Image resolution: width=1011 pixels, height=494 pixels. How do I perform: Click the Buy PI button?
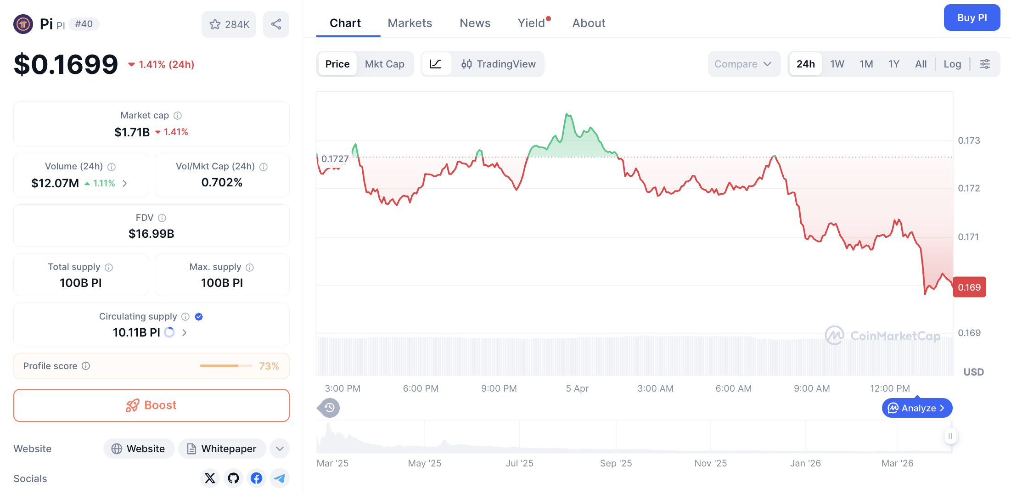(972, 18)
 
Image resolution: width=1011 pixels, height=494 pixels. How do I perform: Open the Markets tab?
(410, 23)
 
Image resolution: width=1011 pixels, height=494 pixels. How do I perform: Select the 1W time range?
(837, 64)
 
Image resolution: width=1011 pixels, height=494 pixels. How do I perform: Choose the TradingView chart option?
(499, 64)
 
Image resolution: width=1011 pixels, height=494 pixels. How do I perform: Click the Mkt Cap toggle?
(384, 64)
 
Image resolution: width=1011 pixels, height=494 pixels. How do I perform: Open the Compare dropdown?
(743, 64)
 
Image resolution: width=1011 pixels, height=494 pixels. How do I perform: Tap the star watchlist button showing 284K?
(229, 24)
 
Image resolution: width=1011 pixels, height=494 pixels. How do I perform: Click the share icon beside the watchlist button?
(276, 24)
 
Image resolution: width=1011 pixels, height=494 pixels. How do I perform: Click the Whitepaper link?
(222, 449)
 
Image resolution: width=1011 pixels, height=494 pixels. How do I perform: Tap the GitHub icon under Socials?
(233, 478)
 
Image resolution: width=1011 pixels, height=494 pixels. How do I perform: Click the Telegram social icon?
(279, 478)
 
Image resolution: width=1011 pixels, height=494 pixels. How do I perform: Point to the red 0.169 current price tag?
(969, 287)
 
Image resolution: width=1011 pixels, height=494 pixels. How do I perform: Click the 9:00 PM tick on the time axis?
(499, 388)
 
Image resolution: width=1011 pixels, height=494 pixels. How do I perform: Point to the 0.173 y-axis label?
(969, 140)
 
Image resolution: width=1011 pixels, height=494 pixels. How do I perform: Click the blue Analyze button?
(917, 408)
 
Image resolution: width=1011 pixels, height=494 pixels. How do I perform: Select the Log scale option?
(952, 64)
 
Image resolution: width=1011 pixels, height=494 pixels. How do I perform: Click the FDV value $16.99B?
(151, 234)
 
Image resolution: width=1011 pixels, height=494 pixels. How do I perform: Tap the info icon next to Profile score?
(86, 366)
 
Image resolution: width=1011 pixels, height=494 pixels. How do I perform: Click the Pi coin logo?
(23, 24)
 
